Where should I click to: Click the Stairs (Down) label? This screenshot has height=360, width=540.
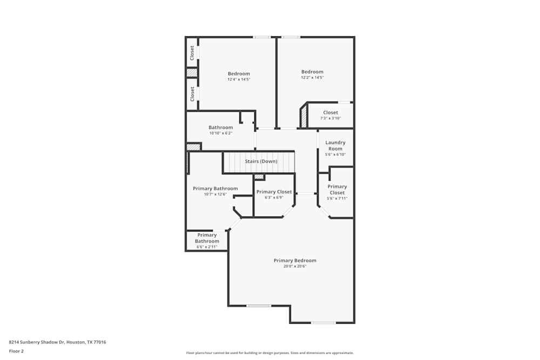(261, 161)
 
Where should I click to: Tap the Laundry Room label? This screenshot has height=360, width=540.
(335, 146)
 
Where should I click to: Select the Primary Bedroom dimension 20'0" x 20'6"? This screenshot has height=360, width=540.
(294, 267)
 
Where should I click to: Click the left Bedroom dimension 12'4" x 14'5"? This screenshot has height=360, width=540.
(239, 79)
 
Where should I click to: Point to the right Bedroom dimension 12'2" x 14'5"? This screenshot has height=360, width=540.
(312, 78)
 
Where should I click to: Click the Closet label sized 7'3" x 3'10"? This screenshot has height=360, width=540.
(330, 113)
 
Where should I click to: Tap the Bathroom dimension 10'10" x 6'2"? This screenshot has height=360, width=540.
(220, 133)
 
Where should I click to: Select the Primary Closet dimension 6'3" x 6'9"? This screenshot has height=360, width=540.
(274, 198)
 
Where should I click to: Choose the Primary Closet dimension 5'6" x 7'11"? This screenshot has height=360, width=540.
(337, 199)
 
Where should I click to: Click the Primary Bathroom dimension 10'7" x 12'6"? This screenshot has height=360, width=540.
(215, 194)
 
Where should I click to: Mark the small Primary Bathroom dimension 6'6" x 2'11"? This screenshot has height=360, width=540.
(207, 247)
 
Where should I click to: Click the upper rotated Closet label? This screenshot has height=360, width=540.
(192, 52)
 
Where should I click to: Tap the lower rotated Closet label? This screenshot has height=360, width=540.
(192, 94)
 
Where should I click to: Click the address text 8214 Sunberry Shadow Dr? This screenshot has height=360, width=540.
(57, 342)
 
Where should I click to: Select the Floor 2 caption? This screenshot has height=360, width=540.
(17, 351)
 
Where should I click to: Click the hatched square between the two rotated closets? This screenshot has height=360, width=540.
(192, 72)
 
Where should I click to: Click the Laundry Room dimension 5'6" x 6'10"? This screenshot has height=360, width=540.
(335, 154)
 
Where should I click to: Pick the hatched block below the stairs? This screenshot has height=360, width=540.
(259, 176)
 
